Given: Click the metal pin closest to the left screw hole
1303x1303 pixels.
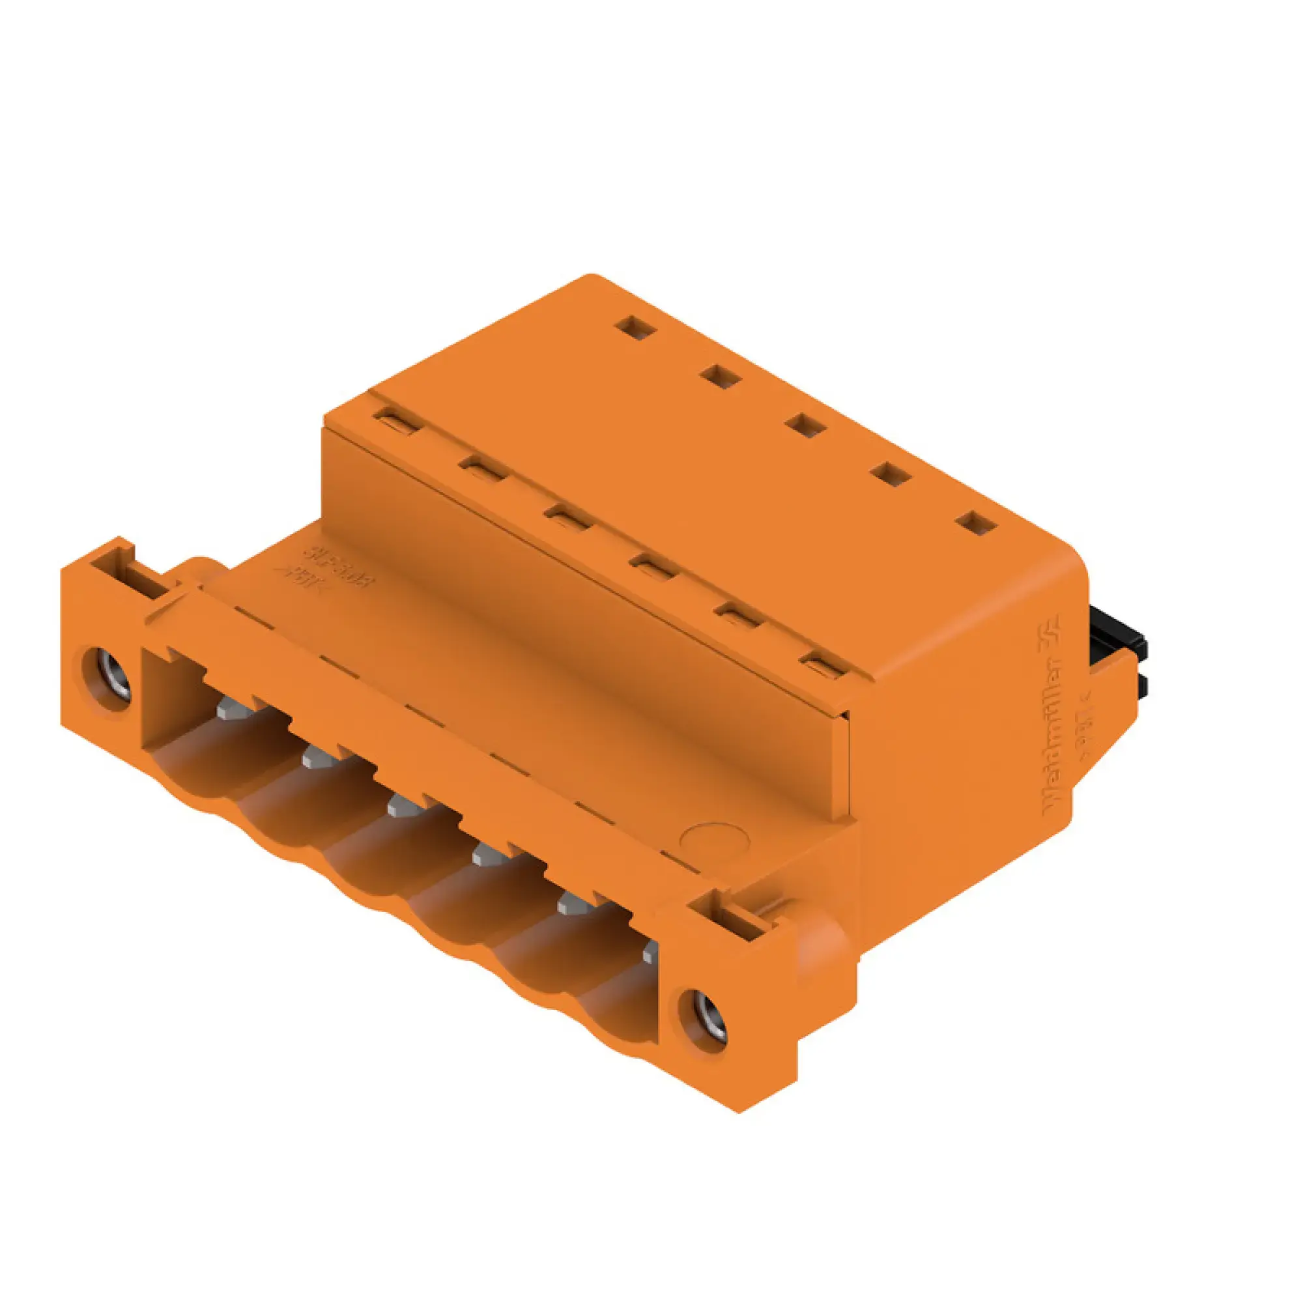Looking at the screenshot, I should [x=232, y=709].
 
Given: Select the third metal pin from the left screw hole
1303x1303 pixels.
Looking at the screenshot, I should [x=403, y=806].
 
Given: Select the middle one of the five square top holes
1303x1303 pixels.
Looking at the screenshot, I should [x=806, y=426].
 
